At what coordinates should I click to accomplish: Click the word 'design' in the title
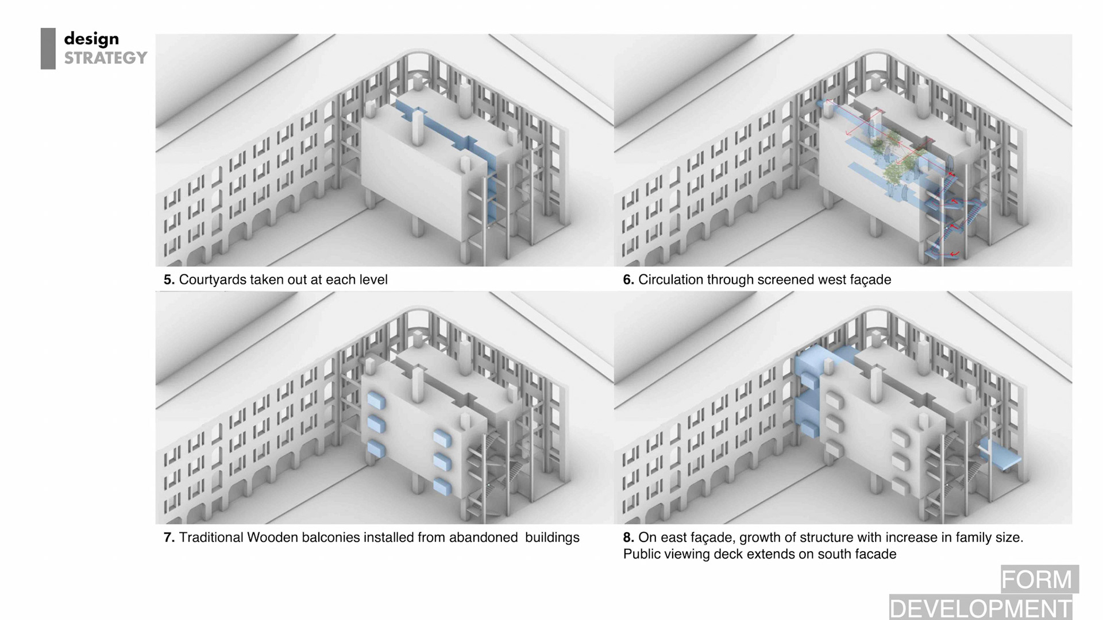click(x=91, y=39)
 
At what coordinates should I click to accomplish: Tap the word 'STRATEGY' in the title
click(x=106, y=58)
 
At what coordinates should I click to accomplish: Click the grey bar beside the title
click(x=48, y=49)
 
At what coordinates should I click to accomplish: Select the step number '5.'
click(x=169, y=280)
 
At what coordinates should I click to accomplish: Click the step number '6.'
click(x=628, y=280)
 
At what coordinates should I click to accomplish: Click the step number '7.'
click(x=169, y=537)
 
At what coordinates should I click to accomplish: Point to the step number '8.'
click(x=628, y=537)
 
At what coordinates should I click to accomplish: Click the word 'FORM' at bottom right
click(x=1036, y=580)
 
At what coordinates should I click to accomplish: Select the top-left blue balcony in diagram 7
click(x=376, y=400)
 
